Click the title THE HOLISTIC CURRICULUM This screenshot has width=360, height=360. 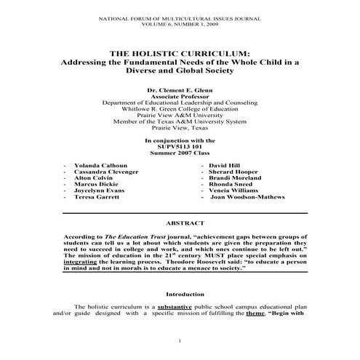[180, 53]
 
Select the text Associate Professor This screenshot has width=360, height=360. [180, 96]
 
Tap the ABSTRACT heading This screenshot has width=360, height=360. [180, 223]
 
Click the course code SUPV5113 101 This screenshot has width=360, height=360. [180, 145]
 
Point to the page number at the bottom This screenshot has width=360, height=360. [180, 341]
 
